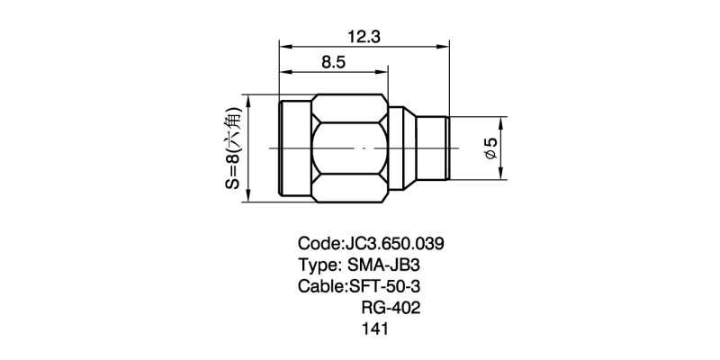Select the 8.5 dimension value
[332, 63]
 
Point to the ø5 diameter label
[490, 148]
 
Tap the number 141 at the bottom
[373, 330]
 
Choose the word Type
[317, 265]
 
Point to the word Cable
[319, 287]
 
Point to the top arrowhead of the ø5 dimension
[501, 121]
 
